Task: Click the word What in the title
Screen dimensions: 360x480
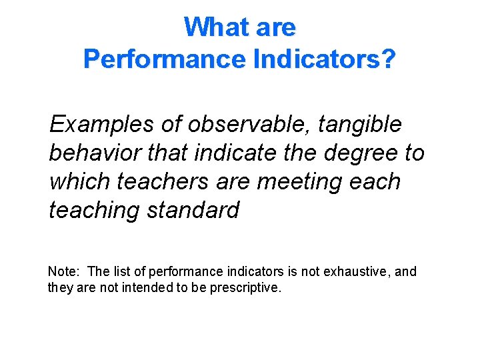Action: tap(211, 27)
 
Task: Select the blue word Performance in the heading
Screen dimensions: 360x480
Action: tap(165, 59)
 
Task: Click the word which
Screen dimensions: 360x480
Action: tap(79, 181)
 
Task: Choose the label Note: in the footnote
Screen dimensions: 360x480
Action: tap(64, 271)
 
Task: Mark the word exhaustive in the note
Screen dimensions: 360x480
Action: tap(363, 271)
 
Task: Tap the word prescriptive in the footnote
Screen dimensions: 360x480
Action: tap(246, 287)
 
